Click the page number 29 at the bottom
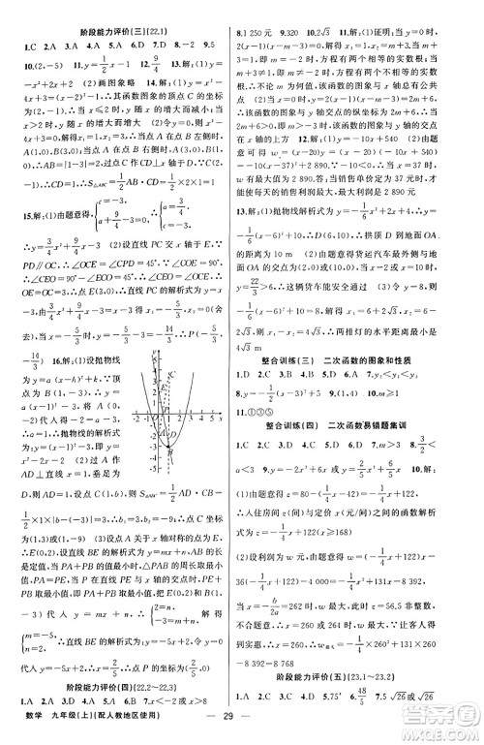click(241, 728)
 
